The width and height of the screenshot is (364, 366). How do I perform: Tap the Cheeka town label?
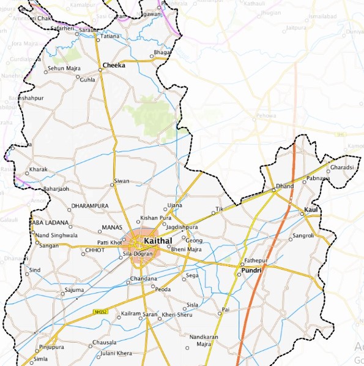point(114,65)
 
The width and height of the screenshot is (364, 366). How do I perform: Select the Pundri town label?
point(251,270)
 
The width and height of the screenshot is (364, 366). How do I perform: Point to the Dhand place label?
point(284,186)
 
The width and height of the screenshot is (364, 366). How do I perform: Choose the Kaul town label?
point(312,211)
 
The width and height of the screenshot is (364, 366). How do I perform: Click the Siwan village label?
point(122,182)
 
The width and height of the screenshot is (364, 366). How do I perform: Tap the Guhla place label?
point(88,80)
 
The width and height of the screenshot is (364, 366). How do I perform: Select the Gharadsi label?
point(342,167)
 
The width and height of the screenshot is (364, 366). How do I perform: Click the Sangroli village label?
point(303,235)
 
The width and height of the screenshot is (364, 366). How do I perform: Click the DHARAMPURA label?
point(90,206)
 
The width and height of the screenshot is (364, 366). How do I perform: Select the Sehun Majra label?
point(64,69)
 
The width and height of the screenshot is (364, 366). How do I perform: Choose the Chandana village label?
point(144,279)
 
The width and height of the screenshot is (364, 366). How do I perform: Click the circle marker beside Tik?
point(214,213)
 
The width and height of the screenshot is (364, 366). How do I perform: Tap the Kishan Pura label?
point(156,218)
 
